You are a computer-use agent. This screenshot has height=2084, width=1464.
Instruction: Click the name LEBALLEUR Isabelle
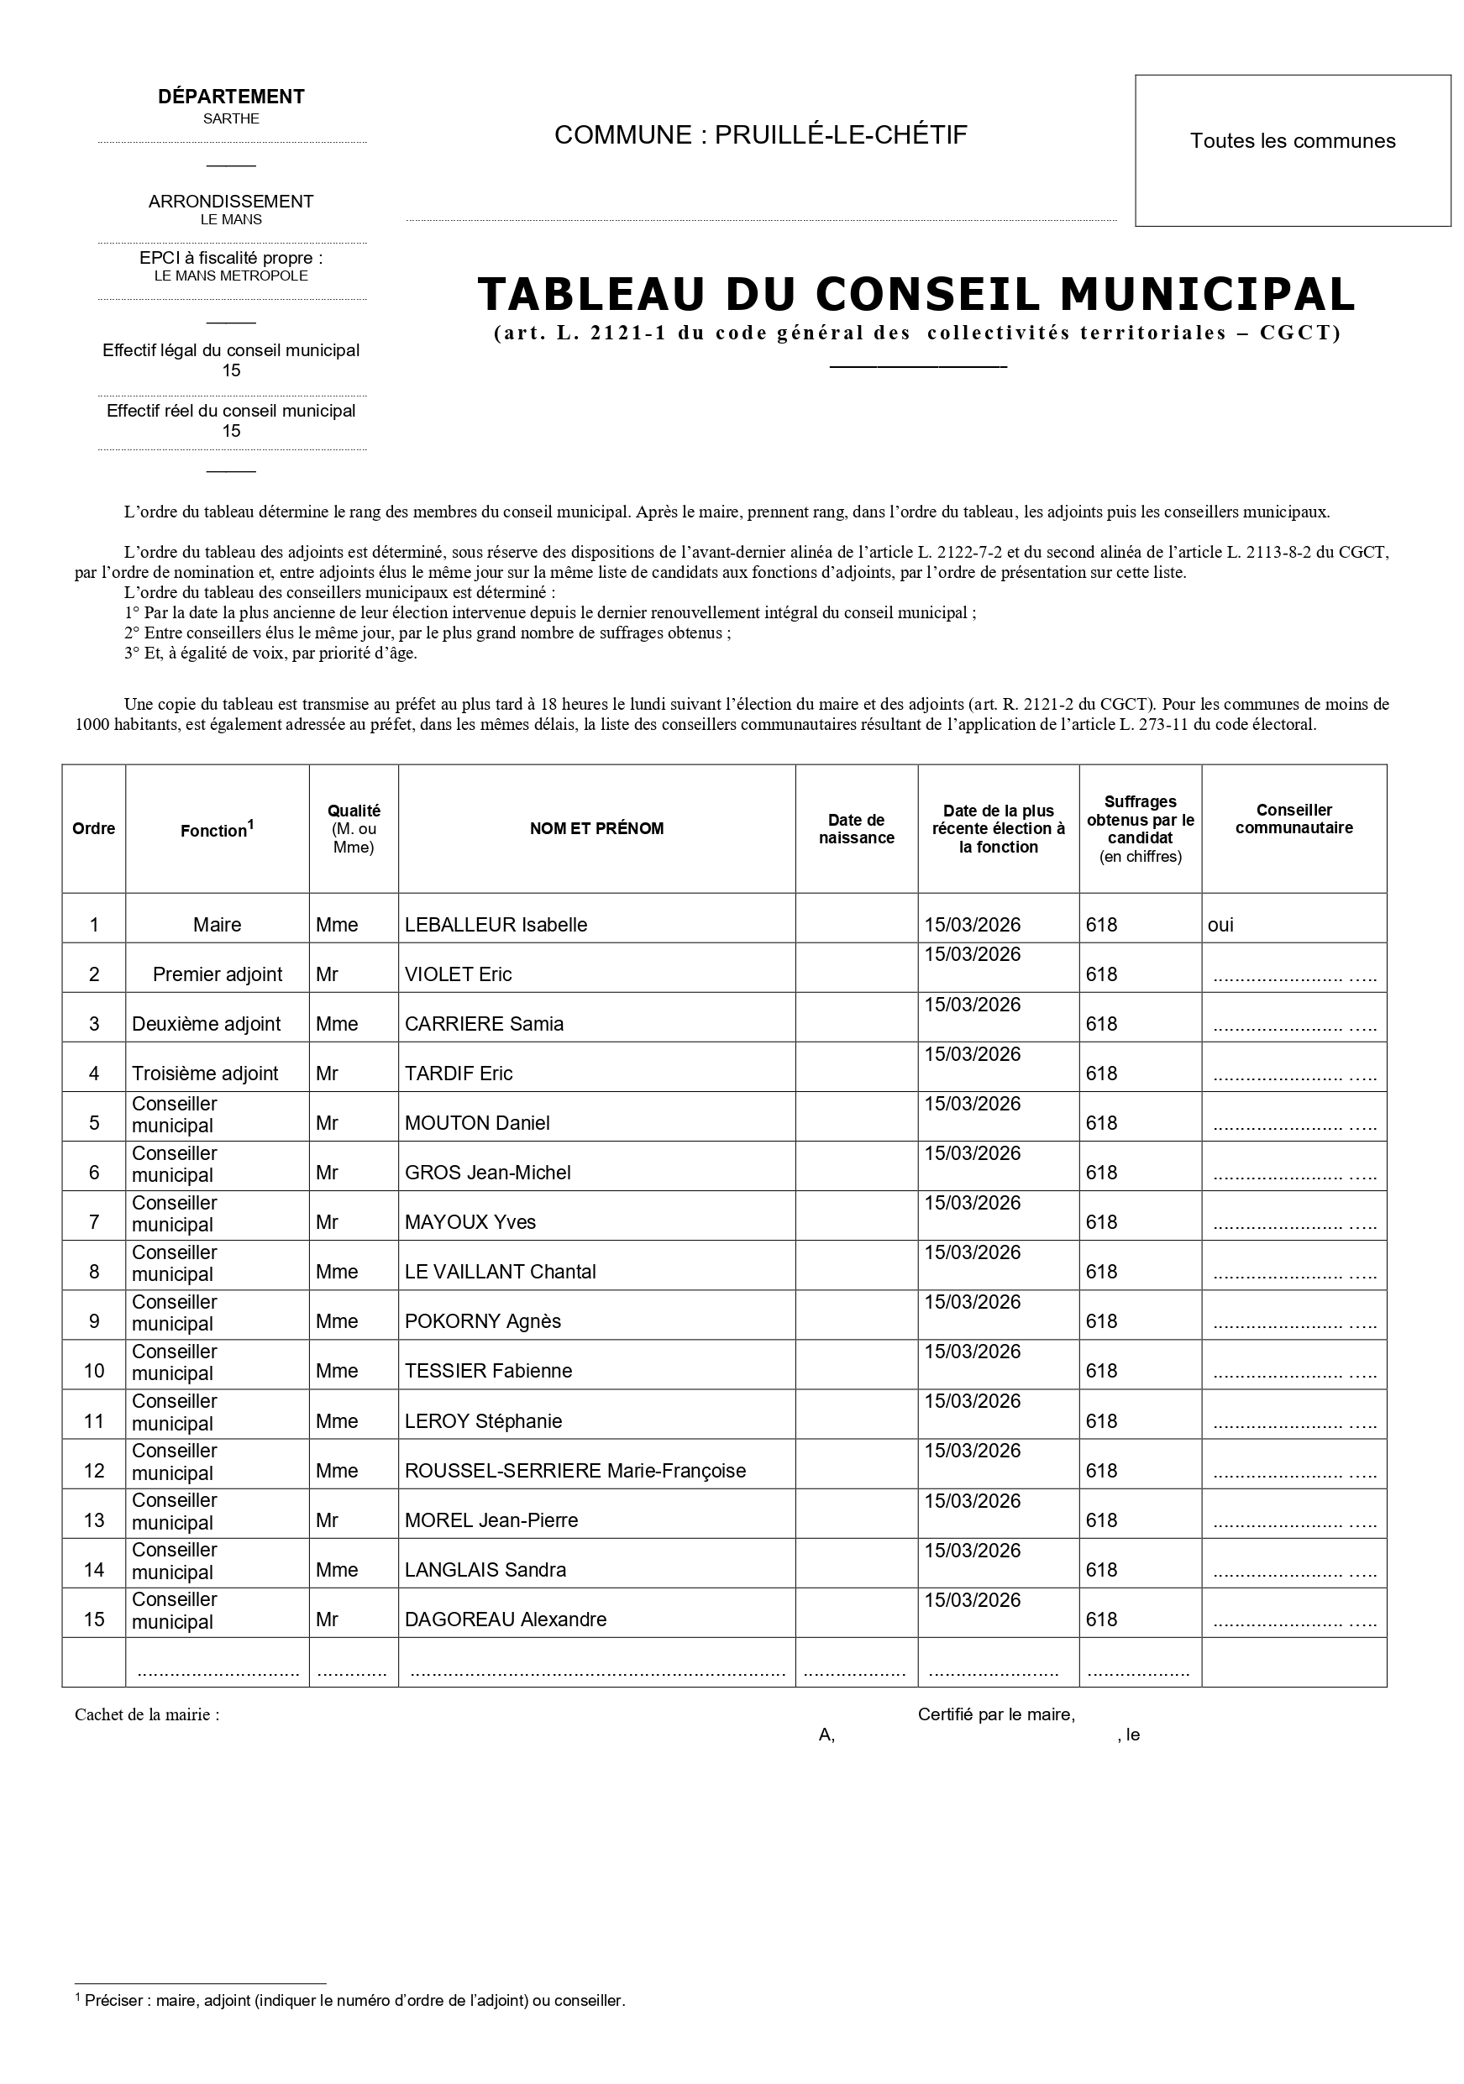tap(496, 925)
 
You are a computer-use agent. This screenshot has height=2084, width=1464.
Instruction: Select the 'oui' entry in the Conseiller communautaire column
tap(1220, 925)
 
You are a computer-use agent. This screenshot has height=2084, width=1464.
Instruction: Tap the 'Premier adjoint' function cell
tap(217, 975)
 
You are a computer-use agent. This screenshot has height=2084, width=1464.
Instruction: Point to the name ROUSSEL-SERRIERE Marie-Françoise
tap(575, 1472)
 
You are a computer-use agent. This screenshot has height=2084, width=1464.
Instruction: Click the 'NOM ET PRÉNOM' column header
tap(596, 829)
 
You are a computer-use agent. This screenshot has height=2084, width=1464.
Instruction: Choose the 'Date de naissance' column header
tap(856, 830)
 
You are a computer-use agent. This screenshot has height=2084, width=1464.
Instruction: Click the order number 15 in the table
tap(93, 1620)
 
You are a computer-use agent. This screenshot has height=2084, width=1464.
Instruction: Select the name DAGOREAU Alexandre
tap(506, 1620)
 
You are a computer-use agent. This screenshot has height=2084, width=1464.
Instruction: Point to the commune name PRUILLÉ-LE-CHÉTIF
tap(841, 135)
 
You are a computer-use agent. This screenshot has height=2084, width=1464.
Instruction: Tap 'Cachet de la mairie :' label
tap(147, 1714)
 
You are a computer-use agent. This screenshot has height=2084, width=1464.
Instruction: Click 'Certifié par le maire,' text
tap(995, 1714)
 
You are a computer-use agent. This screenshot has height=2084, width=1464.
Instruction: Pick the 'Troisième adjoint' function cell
tap(205, 1073)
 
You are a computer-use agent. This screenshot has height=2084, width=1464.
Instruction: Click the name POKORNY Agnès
tap(482, 1322)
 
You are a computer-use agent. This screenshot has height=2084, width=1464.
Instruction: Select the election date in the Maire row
tap(972, 925)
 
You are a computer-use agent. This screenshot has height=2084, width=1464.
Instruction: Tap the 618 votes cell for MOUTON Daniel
tap(1101, 1124)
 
